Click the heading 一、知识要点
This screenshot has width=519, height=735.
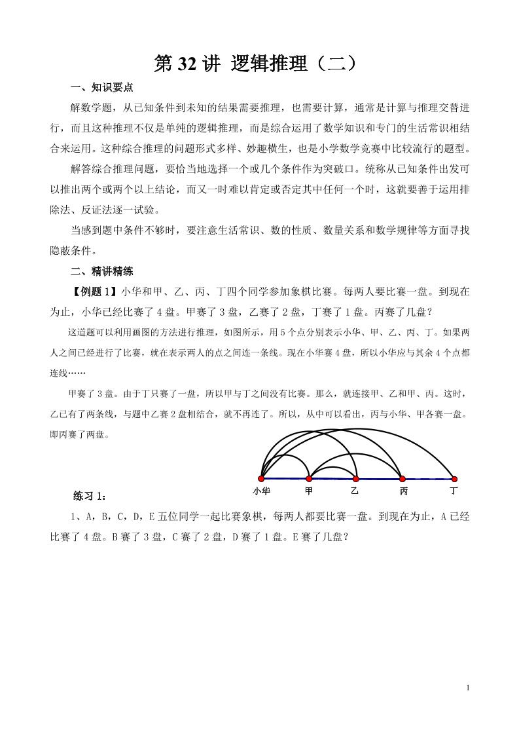coord(101,88)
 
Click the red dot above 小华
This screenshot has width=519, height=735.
coord(261,479)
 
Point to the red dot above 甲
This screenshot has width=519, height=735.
coord(309,479)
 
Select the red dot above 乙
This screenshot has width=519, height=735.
coord(355,479)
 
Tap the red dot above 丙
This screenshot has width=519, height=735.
coord(403,479)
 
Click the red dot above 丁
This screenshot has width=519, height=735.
coord(454,479)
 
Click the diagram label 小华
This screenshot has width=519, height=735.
coord(261,491)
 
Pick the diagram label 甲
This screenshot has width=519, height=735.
coord(309,491)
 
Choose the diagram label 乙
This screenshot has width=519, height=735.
coord(355,491)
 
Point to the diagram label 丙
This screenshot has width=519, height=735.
coord(403,491)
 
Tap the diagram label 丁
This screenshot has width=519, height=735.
coord(454,491)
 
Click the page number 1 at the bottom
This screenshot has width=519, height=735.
coord(469,687)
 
